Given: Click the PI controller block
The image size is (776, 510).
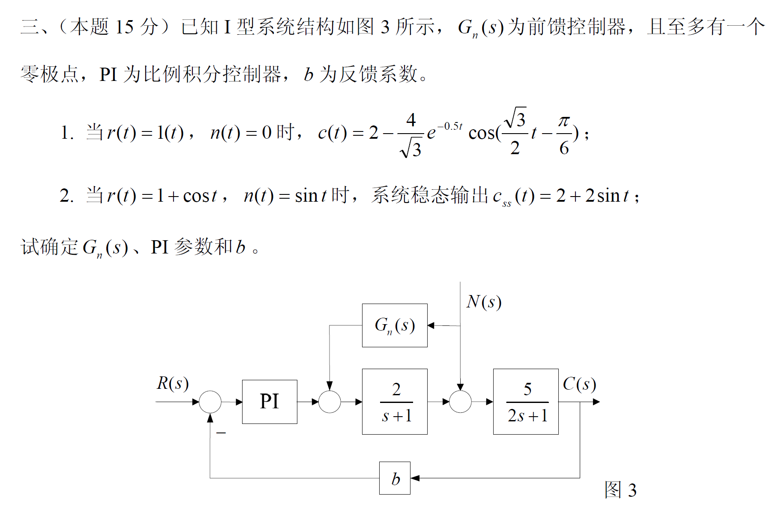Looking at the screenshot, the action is (x=270, y=402).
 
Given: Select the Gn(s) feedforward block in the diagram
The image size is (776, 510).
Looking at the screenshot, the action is (x=395, y=325).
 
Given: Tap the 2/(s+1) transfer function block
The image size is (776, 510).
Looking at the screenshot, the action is (x=395, y=402).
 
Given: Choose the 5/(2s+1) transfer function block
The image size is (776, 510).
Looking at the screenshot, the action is (x=526, y=402).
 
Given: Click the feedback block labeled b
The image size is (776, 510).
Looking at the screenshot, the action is (x=395, y=478).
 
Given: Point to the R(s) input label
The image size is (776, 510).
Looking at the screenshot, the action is (x=172, y=383).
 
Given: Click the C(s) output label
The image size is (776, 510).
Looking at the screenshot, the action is (x=579, y=384).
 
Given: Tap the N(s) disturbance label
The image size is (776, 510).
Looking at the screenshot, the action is (x=484, y=302).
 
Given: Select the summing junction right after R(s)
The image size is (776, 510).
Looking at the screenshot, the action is (x=210, y=402).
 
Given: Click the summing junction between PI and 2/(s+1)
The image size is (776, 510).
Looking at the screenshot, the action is (x=330, y=402).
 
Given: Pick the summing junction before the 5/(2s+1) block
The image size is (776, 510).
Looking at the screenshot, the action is (x=460, y=402).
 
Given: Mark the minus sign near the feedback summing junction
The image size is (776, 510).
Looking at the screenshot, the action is (x=221, y=433).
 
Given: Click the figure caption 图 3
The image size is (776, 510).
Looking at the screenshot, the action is (x=620, y=489).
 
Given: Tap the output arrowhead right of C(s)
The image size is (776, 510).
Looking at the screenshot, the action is (x=596, y=402).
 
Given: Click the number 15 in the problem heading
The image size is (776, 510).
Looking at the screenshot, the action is (x=124, y=27).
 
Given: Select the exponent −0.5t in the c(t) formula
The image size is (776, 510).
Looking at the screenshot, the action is (x=450, y=126).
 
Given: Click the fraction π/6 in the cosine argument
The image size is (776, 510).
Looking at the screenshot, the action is (x=564, y=134).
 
